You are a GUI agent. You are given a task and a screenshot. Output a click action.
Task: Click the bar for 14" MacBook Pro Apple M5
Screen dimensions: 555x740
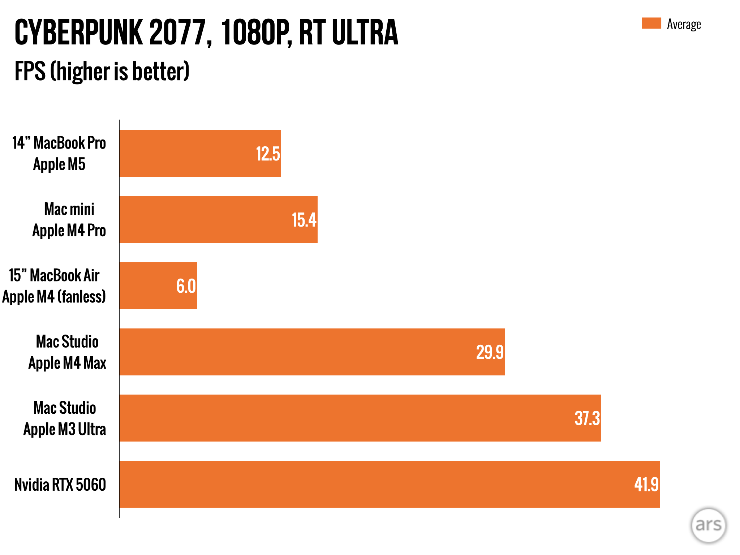[188, 153]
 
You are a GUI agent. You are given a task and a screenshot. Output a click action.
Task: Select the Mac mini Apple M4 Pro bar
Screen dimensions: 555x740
[206, 220]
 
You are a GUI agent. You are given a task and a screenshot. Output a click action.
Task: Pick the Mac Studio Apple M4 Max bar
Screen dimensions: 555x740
[289, 352]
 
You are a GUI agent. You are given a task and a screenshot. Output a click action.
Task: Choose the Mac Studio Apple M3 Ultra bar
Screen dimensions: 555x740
[325, 418]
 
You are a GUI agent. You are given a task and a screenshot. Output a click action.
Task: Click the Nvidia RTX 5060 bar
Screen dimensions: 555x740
[361, 484]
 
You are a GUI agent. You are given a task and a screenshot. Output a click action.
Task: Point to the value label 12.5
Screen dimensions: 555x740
[268, 154]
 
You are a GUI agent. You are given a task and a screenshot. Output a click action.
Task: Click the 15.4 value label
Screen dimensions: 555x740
[304, 220]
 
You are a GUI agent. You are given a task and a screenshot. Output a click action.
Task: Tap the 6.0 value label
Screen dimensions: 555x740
[186, 286]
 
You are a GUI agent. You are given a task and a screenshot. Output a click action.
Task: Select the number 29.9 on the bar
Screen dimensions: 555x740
[490, 352]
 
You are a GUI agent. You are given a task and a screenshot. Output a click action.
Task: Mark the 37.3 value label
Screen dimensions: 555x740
[587, 418]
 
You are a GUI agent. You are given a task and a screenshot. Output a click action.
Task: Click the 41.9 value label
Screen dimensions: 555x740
[646, 485]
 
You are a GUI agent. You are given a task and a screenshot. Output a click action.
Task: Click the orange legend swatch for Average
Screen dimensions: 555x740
[651, 23]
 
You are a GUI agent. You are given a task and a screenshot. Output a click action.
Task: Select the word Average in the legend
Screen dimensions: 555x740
[684, 25]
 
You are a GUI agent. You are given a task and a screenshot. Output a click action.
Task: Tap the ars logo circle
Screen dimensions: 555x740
[708, 525]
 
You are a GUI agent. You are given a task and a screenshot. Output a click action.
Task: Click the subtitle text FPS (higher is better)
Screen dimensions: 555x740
[102, 71]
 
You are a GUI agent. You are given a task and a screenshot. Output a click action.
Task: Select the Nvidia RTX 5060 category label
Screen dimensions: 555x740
[60, 485]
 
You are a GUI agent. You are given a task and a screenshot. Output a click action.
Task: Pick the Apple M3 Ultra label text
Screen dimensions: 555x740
[65, 429]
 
